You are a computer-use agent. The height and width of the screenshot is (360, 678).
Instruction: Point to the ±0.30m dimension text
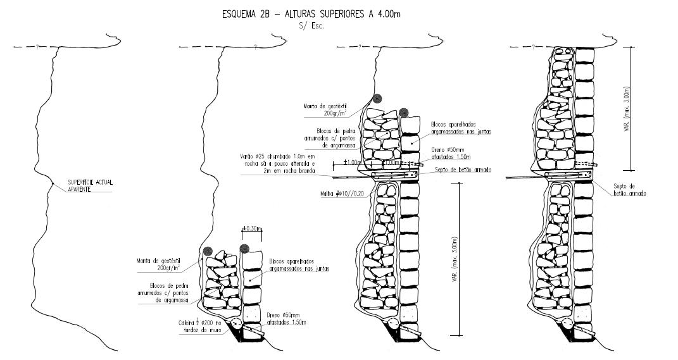click(x=252, y=229)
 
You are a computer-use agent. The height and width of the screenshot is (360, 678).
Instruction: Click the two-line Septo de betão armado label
click(x=629, y=190)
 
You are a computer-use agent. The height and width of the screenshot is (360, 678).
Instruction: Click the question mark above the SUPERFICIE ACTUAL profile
click(x=37, y=47)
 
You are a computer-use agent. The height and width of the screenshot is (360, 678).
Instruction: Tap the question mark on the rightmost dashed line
click(x=534, y=47)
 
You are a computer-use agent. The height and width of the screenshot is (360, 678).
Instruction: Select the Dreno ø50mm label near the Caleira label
click(x=288, y=318)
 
